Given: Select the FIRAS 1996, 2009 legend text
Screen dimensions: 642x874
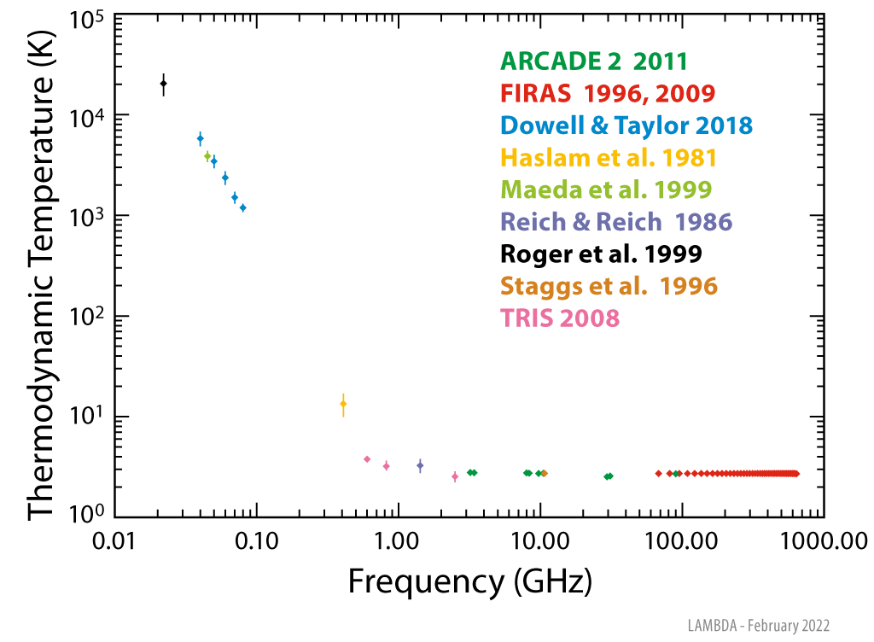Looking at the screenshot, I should (x=608, y=93).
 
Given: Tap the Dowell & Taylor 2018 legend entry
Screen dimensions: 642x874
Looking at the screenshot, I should (x=626, y=125).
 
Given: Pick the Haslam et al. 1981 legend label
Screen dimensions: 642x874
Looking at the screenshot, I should (x=609, y=158).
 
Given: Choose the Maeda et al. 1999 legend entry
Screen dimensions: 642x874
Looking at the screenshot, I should (x=606, y=190).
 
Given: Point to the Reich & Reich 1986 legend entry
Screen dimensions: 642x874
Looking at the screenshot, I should (x=616, y=222).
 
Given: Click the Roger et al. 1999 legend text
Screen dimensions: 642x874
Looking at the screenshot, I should (x=601, y=254).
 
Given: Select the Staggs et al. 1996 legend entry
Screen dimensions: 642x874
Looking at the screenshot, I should (x=609, y=286).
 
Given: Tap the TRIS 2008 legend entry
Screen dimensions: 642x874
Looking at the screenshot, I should (x=559, y=318).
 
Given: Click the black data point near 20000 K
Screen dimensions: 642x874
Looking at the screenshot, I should (x=164, y=84).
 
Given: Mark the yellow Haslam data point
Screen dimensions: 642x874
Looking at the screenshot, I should (x=343, y=404).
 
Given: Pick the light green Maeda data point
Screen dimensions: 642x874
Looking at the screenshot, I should (x=207, y=156).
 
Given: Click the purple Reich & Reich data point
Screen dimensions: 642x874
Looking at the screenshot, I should (x=420, y=465).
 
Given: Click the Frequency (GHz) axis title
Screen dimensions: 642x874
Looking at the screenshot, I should (x=469, y=583).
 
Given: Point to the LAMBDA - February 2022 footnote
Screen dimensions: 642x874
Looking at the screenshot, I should (x=758, y=626).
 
